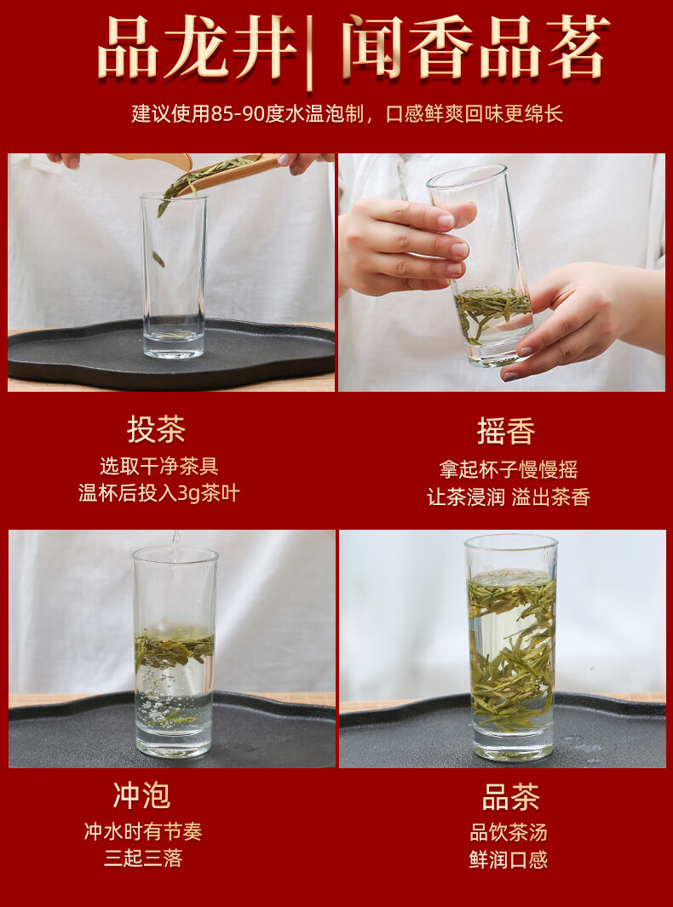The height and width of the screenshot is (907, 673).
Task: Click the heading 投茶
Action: coord(156,430)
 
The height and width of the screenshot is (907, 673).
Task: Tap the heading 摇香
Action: coord(506,431)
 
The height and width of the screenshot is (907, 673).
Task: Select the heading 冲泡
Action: coord(142,795)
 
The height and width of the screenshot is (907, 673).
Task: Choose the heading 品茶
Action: coord(510,797)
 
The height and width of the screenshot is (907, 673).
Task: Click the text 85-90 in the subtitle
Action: coord(238,114)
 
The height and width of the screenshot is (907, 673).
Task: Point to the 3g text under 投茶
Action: coord(188,494)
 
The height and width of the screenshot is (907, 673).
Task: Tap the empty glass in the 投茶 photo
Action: coord(174,275)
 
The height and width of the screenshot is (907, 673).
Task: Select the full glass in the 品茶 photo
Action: coord(510,646)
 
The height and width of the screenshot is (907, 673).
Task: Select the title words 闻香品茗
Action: coord(476,47)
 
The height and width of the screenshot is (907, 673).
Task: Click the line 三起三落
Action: coord(143,858)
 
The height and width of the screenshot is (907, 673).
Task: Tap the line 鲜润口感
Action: coord(508,859)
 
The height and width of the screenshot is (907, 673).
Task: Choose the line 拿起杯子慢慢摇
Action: coord(508,470)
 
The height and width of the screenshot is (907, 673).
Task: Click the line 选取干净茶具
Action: coord(158,466)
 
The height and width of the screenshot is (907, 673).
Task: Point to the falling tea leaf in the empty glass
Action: coord(158,259)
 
